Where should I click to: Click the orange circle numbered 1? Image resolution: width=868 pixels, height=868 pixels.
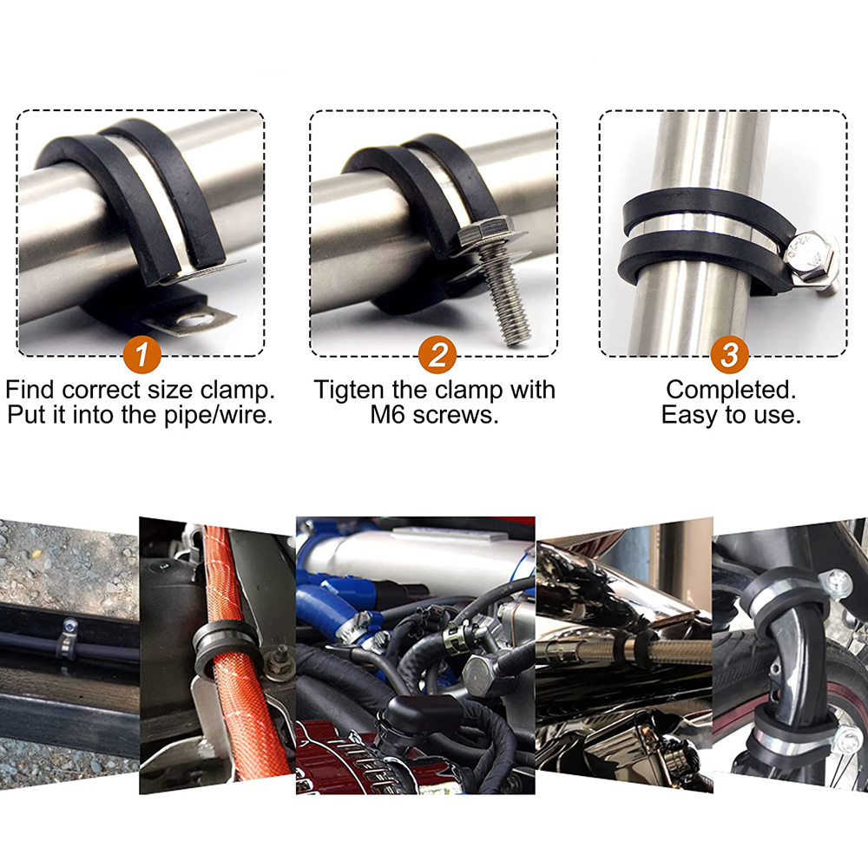tap(141, 355)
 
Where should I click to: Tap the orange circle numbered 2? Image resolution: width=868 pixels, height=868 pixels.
tap(437, 355)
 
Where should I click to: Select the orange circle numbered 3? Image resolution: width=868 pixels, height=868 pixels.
tap(730, 355)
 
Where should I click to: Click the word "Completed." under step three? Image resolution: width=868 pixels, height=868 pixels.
tap(731, 390)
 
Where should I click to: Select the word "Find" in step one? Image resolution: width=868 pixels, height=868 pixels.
tap(31, 390)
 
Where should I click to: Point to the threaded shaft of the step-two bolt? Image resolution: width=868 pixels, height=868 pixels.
tap(504, 298)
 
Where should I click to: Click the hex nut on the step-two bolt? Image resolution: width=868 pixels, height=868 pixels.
tap(486, 230)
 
